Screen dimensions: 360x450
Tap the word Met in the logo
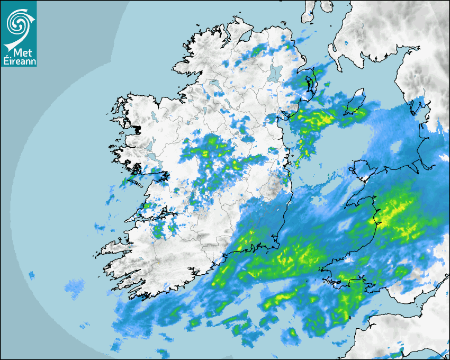click(x=20, y=52)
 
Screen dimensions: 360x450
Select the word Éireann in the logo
click(x=19, y=60)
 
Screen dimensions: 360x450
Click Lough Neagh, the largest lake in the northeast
click(x=276, y=73)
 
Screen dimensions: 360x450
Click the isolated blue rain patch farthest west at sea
click(x=31, y=275)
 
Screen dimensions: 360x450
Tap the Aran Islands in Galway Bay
click(x=139, y=183)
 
